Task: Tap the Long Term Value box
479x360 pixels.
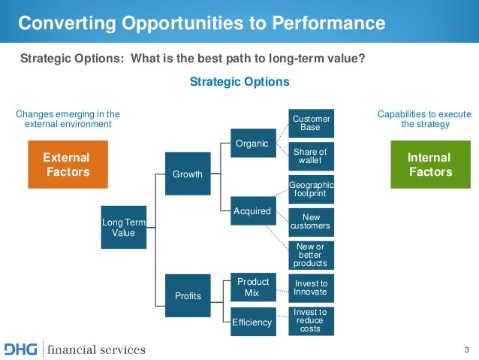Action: coord(124,227)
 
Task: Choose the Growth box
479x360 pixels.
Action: coord(188,174)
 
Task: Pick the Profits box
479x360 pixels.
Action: coord(188,295)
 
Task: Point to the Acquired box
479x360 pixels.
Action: coord(252,211)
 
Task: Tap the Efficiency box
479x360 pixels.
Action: coord(252,322)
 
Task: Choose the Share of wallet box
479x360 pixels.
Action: coord(310,156)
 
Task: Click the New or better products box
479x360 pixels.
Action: coord(310,255)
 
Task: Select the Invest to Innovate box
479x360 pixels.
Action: coord(310,287)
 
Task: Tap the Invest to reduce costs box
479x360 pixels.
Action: coord(310,321)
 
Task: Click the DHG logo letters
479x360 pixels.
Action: coord(22,349)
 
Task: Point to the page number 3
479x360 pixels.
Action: coord(466,349)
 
